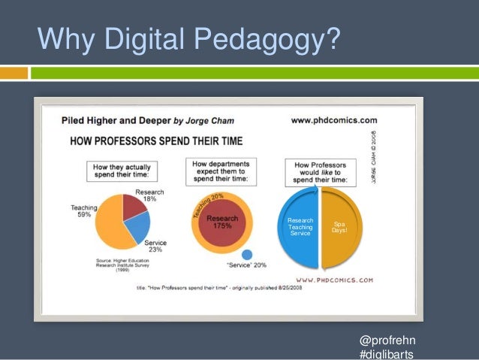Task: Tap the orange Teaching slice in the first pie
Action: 109,223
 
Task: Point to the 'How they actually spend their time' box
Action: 122,169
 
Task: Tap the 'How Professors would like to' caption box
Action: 321,171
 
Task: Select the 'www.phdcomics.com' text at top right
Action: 333,119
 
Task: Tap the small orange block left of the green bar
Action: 14,73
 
